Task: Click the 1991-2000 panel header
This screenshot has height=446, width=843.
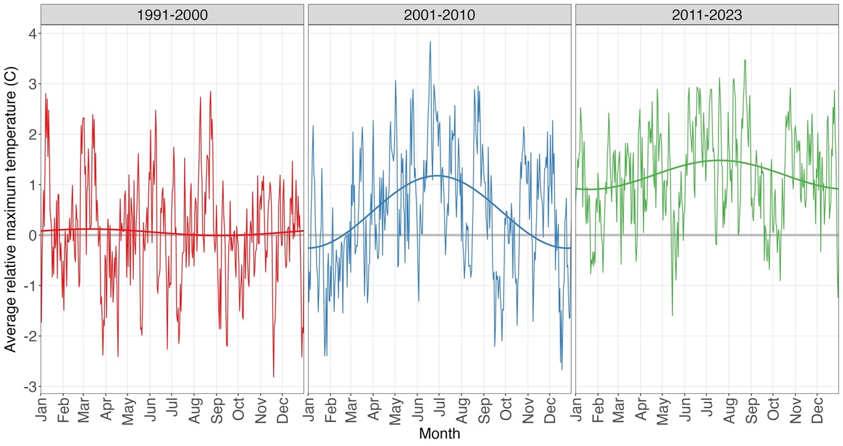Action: click(172, 15)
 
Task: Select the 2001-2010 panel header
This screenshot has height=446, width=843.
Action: click(439, 15)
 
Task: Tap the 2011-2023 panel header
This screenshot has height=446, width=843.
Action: click(707, 15)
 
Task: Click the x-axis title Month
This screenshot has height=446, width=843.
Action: click(439, 434)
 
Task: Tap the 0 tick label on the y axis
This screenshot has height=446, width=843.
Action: click(29, 235)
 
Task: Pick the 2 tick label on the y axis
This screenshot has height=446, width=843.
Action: click(29, 134)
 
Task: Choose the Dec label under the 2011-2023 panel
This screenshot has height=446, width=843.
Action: click(818, 409)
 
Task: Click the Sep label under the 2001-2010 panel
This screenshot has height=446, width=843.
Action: click(484, 409)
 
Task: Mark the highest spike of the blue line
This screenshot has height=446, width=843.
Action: click(430, 42)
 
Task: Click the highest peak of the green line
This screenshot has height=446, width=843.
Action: click(745, 60)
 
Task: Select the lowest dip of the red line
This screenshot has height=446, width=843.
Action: click(274, 377)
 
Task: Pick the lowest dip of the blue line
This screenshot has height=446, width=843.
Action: click(562, 369)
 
